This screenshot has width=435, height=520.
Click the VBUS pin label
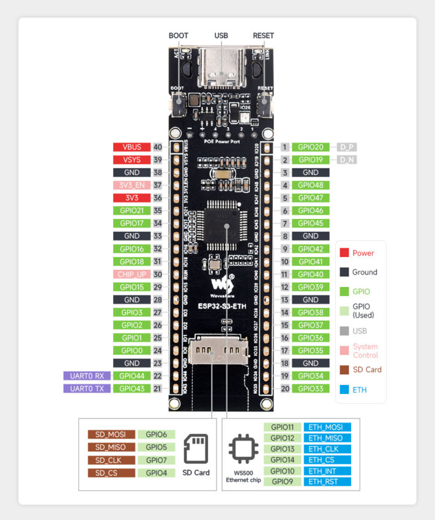(x=132, y=147)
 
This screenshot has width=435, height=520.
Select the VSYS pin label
(x=132, y=160)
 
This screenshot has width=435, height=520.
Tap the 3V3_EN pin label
(x=132, y=185)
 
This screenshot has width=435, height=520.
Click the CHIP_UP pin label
(x=132, y=274)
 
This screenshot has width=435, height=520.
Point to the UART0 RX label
(x=86, y=376)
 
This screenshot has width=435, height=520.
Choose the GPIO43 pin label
(x=132, y=388)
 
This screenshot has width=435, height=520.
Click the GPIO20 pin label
(x=311, y=147)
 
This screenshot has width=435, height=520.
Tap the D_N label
(x=346, y=160)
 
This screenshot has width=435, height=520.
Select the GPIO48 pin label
(x=311, y=185)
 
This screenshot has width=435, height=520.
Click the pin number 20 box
(x=284, y=388)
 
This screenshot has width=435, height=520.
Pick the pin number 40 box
(x=158, y=147)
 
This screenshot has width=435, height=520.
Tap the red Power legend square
(x=344, y=253)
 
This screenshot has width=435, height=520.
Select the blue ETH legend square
(x=344, y=389)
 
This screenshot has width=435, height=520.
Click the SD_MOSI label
(x=110, y=434)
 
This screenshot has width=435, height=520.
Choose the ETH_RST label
(x=330, y=481)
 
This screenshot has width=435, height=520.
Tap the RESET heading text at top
(x=263, y=35)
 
